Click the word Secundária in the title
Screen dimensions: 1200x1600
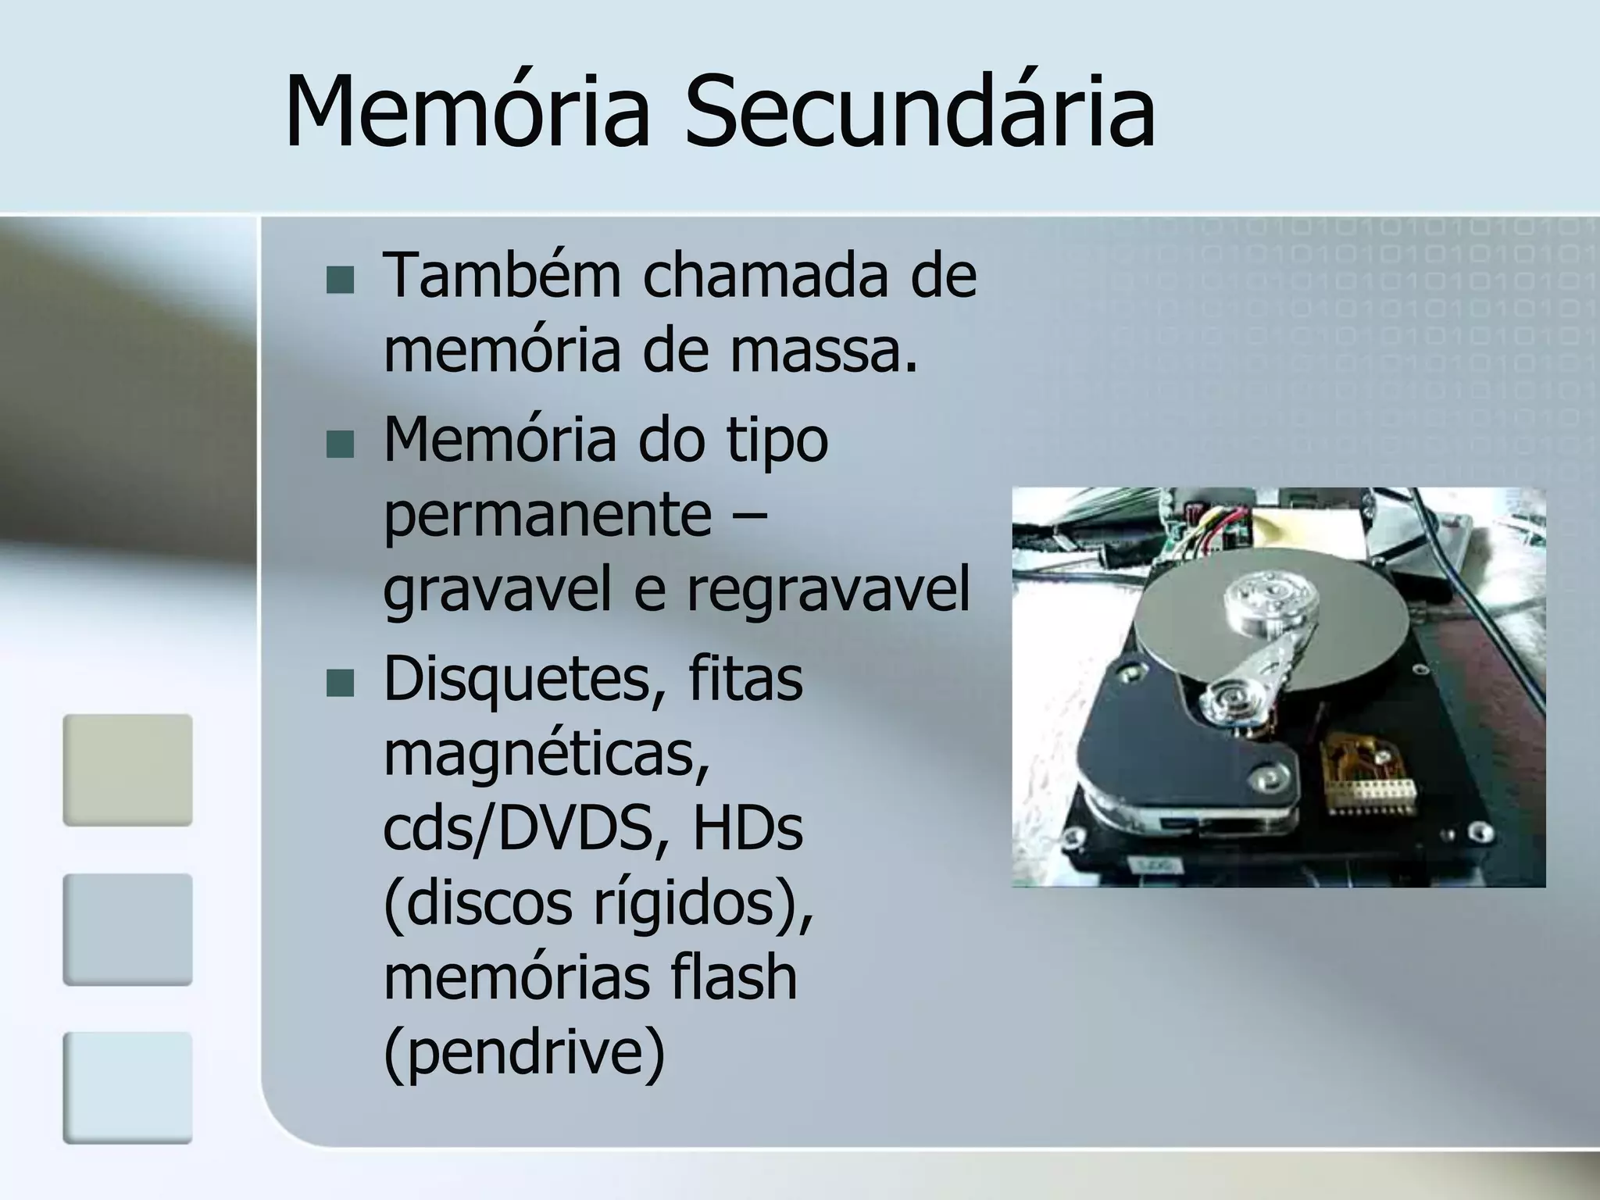(920, 111)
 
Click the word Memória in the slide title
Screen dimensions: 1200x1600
(467, 111)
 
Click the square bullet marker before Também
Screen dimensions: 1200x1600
(340, 280)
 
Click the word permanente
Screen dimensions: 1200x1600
(547, 516)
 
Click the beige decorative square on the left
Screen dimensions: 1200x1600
(127, 770)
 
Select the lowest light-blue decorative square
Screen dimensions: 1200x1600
(127, 1087)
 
